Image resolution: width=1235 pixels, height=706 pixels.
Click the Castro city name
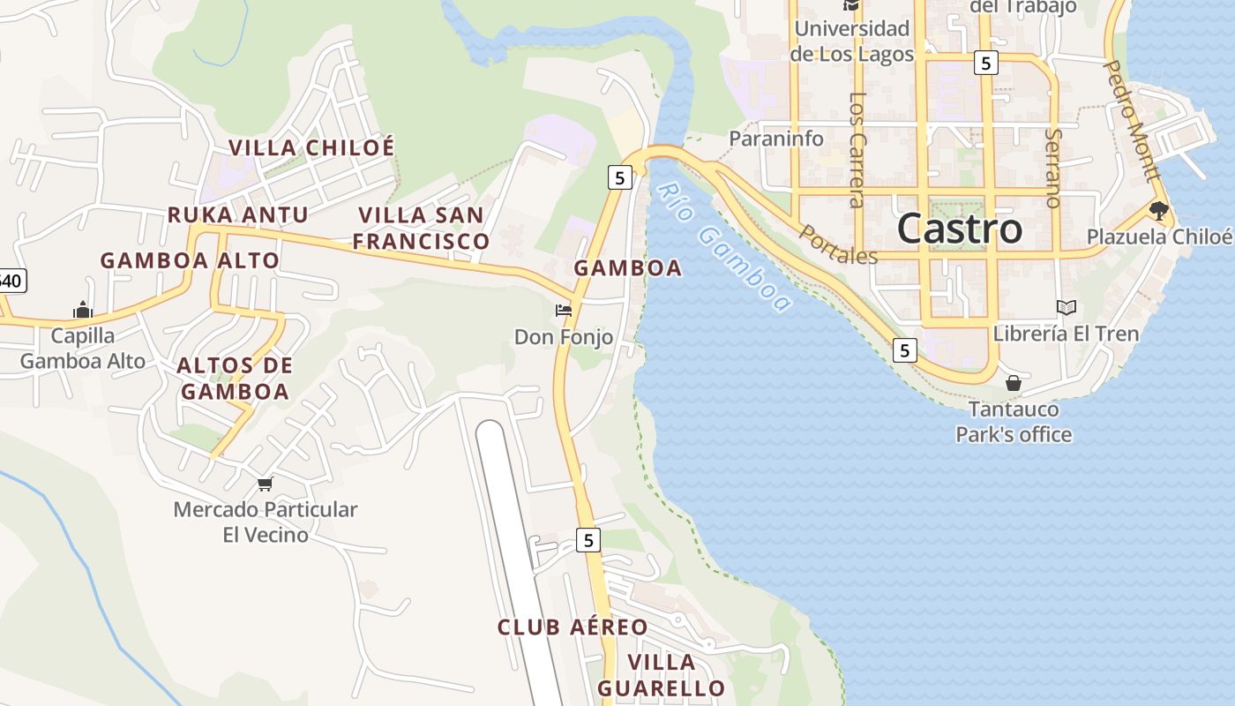[960, 229]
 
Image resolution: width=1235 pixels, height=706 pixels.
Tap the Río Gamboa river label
[724, 248]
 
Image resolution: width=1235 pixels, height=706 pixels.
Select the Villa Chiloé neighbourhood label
[311, 147]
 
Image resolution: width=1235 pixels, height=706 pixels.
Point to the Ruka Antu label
[238, 214]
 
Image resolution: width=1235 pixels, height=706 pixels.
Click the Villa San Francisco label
[422, 228]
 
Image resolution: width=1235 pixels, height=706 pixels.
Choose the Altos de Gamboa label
[235, 378]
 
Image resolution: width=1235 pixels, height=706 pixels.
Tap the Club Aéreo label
[573, 627]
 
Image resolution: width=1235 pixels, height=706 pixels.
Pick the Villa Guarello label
[661, 675]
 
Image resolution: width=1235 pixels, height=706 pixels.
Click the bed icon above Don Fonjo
[563, 310]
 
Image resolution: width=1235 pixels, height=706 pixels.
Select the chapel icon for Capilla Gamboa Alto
[83, 310]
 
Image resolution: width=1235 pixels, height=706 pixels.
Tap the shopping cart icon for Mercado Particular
[265, 483]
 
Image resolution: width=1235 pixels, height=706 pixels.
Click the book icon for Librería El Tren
[1067, 307]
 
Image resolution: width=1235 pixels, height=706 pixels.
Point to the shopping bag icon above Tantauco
[1014, 383]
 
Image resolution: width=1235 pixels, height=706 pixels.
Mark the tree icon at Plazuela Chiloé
[1158, 210]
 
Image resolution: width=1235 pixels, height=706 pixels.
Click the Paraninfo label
[776, 139]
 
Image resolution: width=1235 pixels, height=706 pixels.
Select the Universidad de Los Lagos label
[851, 41]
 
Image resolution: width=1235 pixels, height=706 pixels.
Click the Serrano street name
[1052, 168]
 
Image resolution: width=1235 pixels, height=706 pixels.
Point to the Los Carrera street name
[857, 150]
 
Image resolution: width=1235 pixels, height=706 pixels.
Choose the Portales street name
[839, 245]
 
